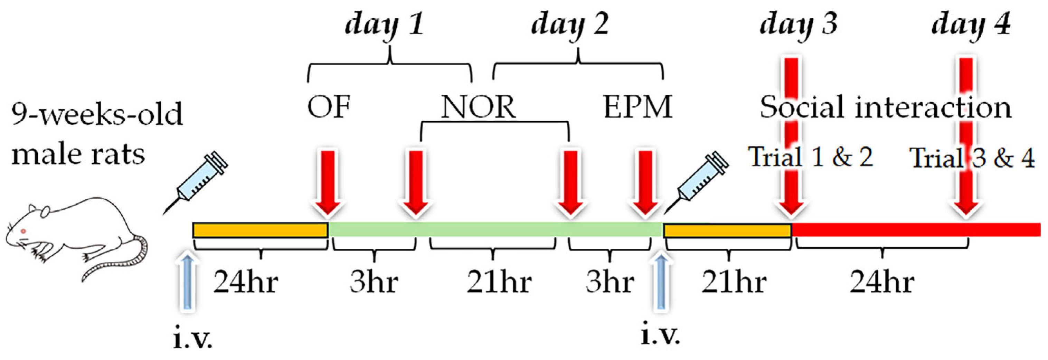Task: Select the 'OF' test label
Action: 328,107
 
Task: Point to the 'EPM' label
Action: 637,107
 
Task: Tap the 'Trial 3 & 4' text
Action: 972,158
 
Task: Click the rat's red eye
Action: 23,231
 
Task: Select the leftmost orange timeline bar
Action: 261,230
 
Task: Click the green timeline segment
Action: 494,230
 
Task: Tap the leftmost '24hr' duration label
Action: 246,282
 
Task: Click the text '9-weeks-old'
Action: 97,114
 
